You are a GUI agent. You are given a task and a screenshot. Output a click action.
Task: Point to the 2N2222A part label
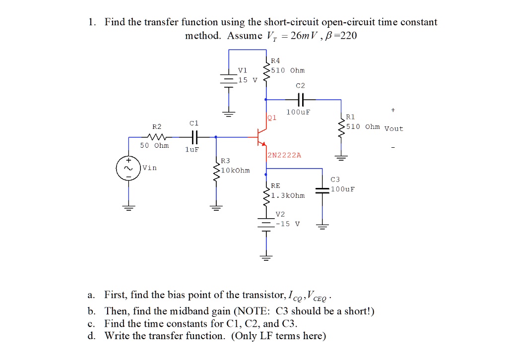click(284, 155)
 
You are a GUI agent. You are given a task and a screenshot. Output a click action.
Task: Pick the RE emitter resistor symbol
click(266, 192)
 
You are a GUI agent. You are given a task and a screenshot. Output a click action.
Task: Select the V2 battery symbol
click(266, 224)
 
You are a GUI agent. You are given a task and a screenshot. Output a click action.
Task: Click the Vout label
click(394, 129)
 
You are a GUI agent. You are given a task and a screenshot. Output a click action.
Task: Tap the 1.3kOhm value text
click(288, 195)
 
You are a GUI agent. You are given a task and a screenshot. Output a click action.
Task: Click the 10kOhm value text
click(236, 171)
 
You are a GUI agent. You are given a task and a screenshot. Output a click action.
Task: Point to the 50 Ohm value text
click(154, 146)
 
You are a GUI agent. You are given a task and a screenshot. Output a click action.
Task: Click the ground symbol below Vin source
click(128, 208)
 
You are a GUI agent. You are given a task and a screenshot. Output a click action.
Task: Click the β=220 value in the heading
click(340, 36)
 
